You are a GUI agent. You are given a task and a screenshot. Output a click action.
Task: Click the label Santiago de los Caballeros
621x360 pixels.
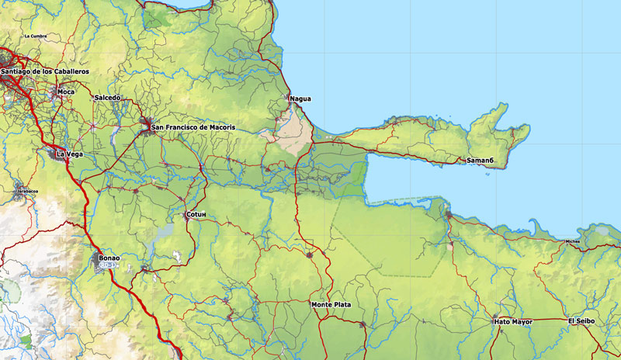(x=45, y=71)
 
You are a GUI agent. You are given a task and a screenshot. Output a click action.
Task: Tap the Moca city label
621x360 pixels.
(x=67, y=92)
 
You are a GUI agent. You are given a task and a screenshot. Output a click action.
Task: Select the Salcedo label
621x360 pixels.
(x=107, y=98)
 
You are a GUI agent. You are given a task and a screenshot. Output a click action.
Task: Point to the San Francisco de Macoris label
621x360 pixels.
(x=193, y=126)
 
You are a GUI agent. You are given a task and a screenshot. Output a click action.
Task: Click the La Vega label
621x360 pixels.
(x=71, y=154)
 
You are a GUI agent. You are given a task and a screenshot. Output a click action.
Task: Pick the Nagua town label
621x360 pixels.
(x=300, y=99)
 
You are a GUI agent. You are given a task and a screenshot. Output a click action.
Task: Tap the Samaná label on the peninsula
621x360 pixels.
(x=480, y=161)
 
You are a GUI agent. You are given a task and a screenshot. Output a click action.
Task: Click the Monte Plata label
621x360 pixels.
(x=331, y=305)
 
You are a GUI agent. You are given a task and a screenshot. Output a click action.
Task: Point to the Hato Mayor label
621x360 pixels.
(x=513, y=321)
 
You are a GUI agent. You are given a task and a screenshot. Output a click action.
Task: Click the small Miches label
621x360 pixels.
(x=573, y=241)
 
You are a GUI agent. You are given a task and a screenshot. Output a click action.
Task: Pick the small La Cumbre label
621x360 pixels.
(x=36, y=36)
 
